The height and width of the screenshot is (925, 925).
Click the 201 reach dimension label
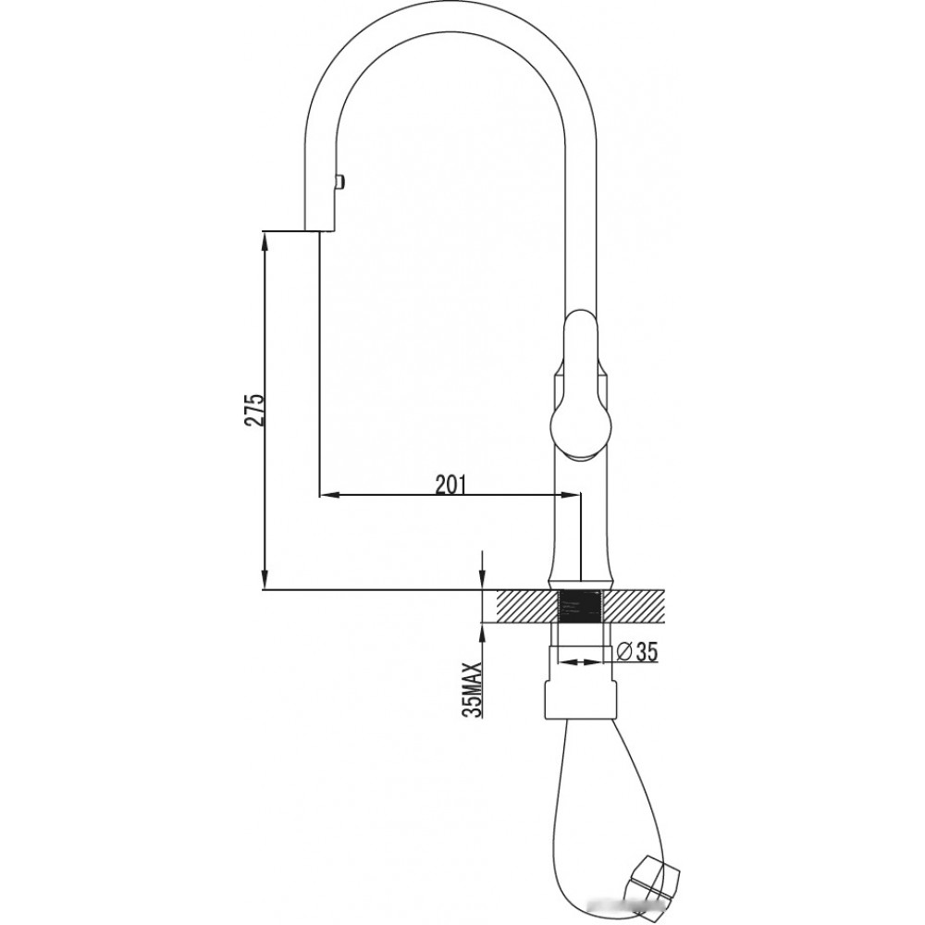click(450, 484)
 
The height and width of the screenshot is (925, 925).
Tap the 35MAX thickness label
click(474, 689)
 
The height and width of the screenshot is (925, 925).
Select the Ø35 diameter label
click(636, 651)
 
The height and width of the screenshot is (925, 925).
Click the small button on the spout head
click(340, 181)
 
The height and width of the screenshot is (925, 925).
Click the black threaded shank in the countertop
click(579, 606)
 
